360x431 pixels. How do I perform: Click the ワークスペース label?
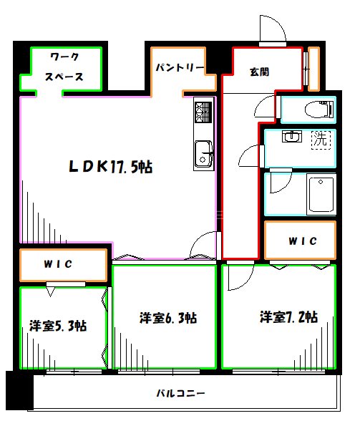[x=65, y=67]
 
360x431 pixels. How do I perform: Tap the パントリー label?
[x=180, y=69]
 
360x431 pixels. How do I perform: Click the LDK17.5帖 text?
[x=110, y=167]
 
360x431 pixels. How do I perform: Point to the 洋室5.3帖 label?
[x=58, y=326]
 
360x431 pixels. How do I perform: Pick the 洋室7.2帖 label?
[x=288, y=317]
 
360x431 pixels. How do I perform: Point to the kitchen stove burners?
[x=202, y=112]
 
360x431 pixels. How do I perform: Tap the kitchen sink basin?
[x=203, y=152]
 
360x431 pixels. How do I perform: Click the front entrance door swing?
[x=273, y=28]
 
